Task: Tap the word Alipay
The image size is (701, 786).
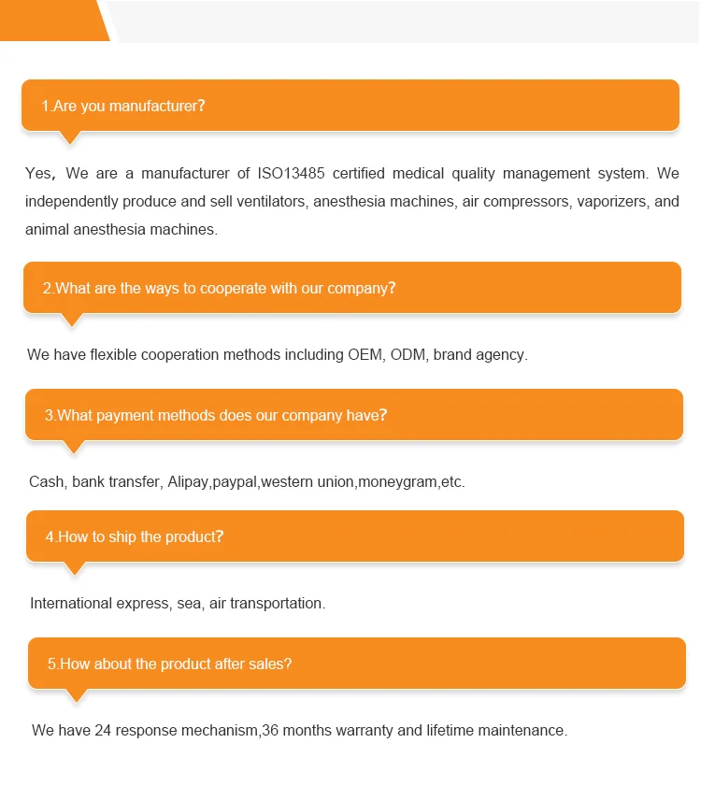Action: tap(188, 482)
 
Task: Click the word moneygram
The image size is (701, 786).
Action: tap(397, 482)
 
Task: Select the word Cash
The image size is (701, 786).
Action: tap(46, 482)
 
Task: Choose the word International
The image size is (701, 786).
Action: tap(71, 603)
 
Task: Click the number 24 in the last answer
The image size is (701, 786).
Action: tap(103, 730)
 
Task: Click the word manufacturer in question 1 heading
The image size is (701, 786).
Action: tap(153, 106)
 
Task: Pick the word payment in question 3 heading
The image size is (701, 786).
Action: tap(122, 415)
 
